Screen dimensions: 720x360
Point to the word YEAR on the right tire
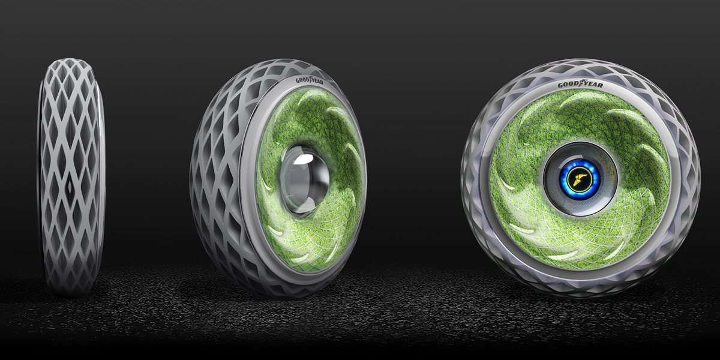coord(593,85)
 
